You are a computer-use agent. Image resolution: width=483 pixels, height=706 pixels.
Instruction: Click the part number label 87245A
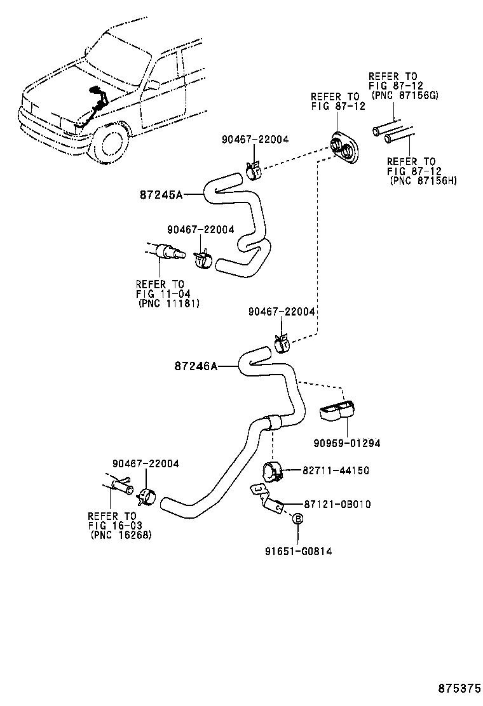(161, 196)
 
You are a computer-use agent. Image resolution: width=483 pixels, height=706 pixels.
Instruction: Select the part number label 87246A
(195, 366)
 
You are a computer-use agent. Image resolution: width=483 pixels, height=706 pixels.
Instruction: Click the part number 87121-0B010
(337, 505)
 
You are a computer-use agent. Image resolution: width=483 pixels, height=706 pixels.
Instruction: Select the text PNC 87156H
(423, 181)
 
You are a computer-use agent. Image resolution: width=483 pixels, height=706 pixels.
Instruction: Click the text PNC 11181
(168, 303)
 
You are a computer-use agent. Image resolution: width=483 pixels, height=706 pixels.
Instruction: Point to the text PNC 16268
(121, 535)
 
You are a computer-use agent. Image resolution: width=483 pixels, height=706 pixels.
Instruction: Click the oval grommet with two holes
(344, 149)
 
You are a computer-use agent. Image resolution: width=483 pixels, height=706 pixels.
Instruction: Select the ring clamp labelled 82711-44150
(272, 472)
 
